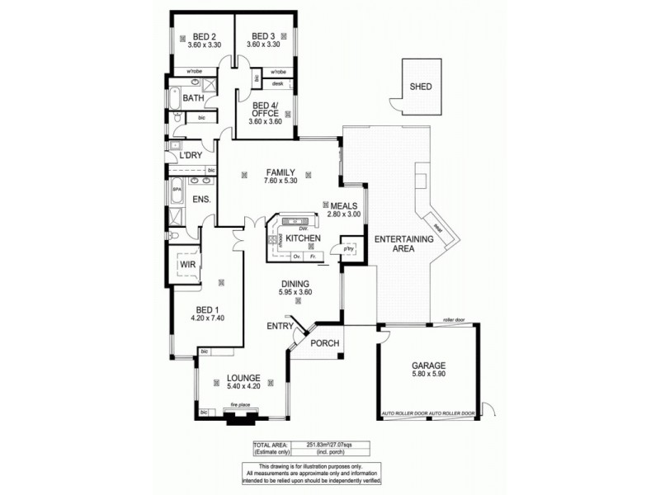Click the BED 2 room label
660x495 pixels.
tap(204, 36)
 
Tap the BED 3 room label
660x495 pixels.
tap(263, 36)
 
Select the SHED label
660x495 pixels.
tap(420, 87)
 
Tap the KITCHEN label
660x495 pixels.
tap(303, 238)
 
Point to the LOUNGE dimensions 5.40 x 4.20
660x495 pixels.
tap(243, 385)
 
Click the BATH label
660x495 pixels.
tap(194, 98)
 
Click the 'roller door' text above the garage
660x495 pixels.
tap(455, 318)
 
